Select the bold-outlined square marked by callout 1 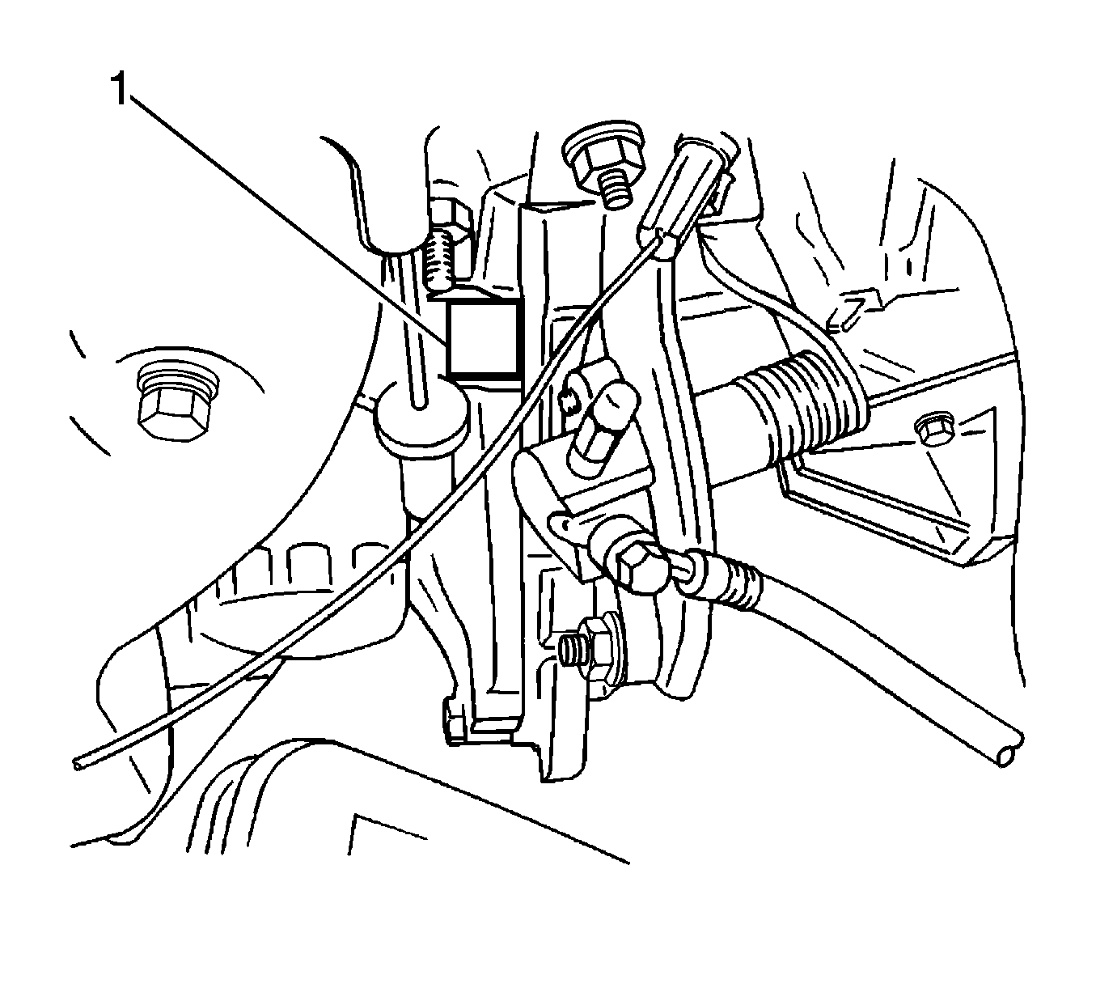click(482, 338)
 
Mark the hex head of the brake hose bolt click(637, 566)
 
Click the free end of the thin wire click(78, 761)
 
